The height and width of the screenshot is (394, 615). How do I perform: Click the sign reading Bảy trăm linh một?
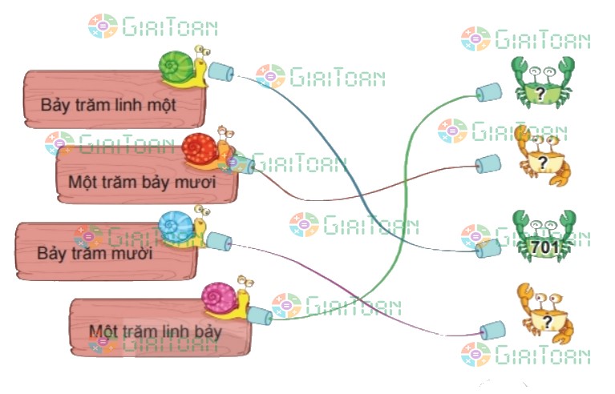click(107, 103)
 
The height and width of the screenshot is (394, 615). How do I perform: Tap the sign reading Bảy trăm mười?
click(96, 252)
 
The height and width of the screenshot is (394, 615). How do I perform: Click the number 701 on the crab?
click(545, 248)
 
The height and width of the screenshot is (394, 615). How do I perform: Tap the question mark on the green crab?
click(542, 94)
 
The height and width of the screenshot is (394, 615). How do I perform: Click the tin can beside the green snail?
click(220, 74)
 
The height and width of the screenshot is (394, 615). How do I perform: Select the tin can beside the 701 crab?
click(488, 250)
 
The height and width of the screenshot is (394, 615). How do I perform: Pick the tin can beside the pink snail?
click(260, 315)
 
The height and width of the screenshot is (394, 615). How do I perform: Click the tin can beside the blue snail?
click(218, 240)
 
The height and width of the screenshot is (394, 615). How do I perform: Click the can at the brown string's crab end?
click(487, 165)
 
